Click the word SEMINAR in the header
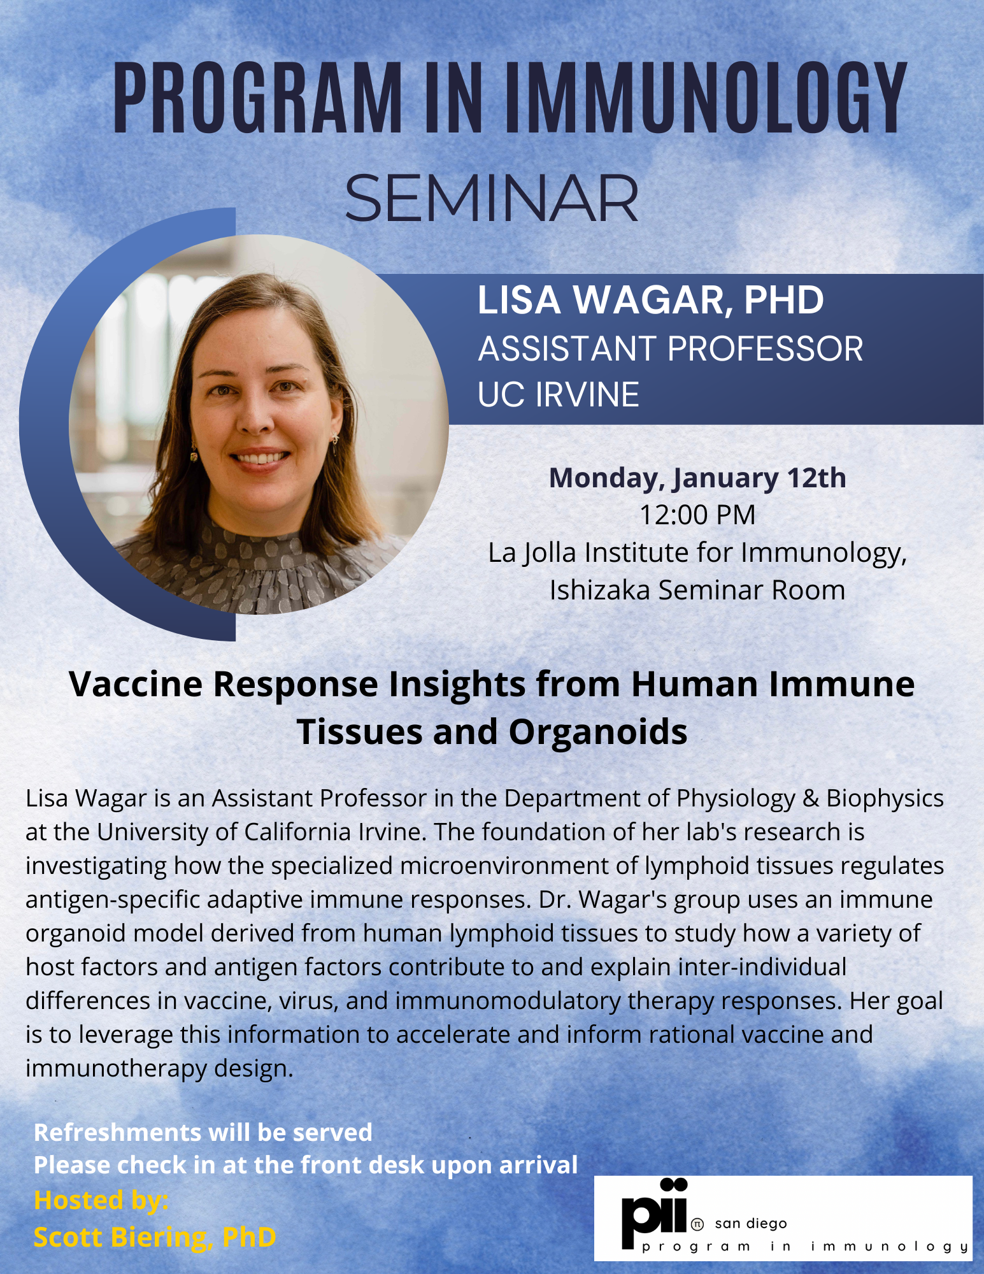pos(491,199)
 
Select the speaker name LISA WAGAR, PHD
pos(650,300)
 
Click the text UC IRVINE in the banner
pos(558,394)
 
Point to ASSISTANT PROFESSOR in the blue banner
pos(670,349)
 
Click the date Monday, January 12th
pos(697,478)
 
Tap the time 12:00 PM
pos(697,515)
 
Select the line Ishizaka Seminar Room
pos(697,590)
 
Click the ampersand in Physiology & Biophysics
pos(810,799)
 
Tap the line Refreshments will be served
pos(203,1133)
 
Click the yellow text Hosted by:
pos(101,1200)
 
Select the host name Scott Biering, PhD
pos(155,1237)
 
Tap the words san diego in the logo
pos(751,1224)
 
